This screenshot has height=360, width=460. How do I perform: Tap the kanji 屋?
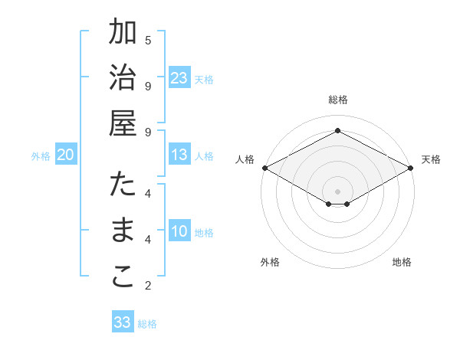coord(123,123)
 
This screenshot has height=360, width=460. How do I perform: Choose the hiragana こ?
coord(123,277)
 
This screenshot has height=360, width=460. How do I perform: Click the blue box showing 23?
coord(179,78)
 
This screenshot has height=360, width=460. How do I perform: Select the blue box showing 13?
coord(179,155)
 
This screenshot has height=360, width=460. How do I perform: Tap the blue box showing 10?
coord(179,232)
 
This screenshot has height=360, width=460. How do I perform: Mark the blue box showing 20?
coord(65,155)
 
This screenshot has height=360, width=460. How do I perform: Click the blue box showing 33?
coord(123,322)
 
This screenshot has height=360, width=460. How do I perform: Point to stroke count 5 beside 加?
coord(148,40)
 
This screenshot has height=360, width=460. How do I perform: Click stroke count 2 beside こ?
coord(148,286)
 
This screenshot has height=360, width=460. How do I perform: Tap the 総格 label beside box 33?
coord(148,324)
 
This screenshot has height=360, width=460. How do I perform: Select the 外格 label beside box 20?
coord(41,156)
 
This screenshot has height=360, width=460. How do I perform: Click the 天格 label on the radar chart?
coord(431,159)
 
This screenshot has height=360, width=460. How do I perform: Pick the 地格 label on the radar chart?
coord(402,262)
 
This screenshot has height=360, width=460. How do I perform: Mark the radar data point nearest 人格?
coord(264,168)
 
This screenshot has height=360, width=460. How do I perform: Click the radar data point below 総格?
coord(337,131)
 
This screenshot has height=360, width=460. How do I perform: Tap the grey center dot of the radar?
coord(337,190)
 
